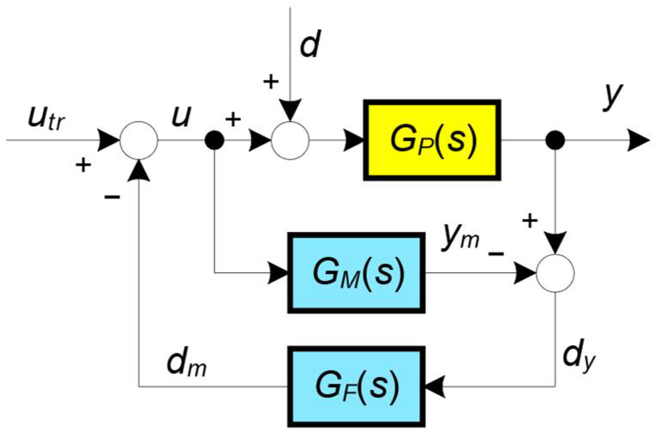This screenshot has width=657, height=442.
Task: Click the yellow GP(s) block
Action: [432, 140]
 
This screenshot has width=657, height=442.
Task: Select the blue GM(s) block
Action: [356, 273]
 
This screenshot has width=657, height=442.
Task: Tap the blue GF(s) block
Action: [356, 386]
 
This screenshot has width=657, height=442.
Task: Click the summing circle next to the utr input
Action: [139, 140]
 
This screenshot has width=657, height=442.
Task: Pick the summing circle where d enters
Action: [290, 140]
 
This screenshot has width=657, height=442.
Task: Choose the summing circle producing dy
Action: [555, 273]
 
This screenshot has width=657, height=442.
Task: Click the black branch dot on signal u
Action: [215, 140]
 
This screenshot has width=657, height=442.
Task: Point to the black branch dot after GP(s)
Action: [555, 140]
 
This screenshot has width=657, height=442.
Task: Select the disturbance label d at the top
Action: [310, 45]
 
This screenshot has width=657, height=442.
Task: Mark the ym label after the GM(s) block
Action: [461, 237]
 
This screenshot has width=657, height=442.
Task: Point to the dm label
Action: [186, 364]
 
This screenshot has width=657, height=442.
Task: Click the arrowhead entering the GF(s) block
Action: [434, 386]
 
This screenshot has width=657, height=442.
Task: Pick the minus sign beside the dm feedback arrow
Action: [112, 197]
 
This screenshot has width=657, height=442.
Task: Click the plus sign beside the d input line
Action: [271, 81]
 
